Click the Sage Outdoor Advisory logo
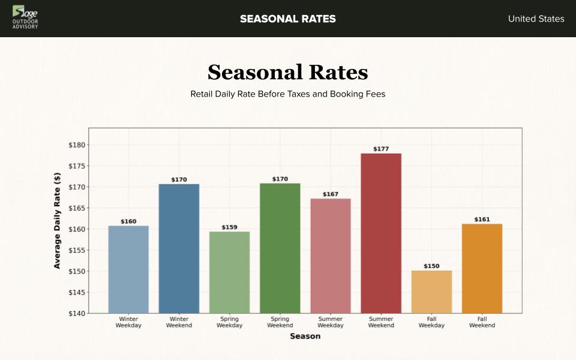pyautogui.click(x=25, y=17)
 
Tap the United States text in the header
pyautogui.click(x=536, y=19)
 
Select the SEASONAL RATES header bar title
pyautogui.click(x=288, y=19)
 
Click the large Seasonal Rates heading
pyautogui.click(x=288, y=73)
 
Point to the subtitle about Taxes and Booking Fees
pyautogui.click(x=288, y=94)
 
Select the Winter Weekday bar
pyautogui.click(x=128, y=269)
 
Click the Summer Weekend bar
pyautogui.click(x=381, y=233)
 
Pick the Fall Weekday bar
pyautogui.click(x=431, y=292)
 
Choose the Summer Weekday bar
pyautogui.click(x=331, y=256)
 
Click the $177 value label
pyautogui.click(x=381, y=149)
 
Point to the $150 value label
pyautogui.click(x=431, y=266)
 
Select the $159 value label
pyautogui.click(x=230, y=227)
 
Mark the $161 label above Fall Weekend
pyautogui.click(x=482, y=220)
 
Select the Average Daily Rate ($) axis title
pyautogui.click(x=58, y=220)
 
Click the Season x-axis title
pyautogui.click(x=305, y=336)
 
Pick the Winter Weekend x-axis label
pyautogui.click(x=179, y=322)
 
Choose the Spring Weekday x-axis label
pyautogui.click(x=230, y=322)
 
